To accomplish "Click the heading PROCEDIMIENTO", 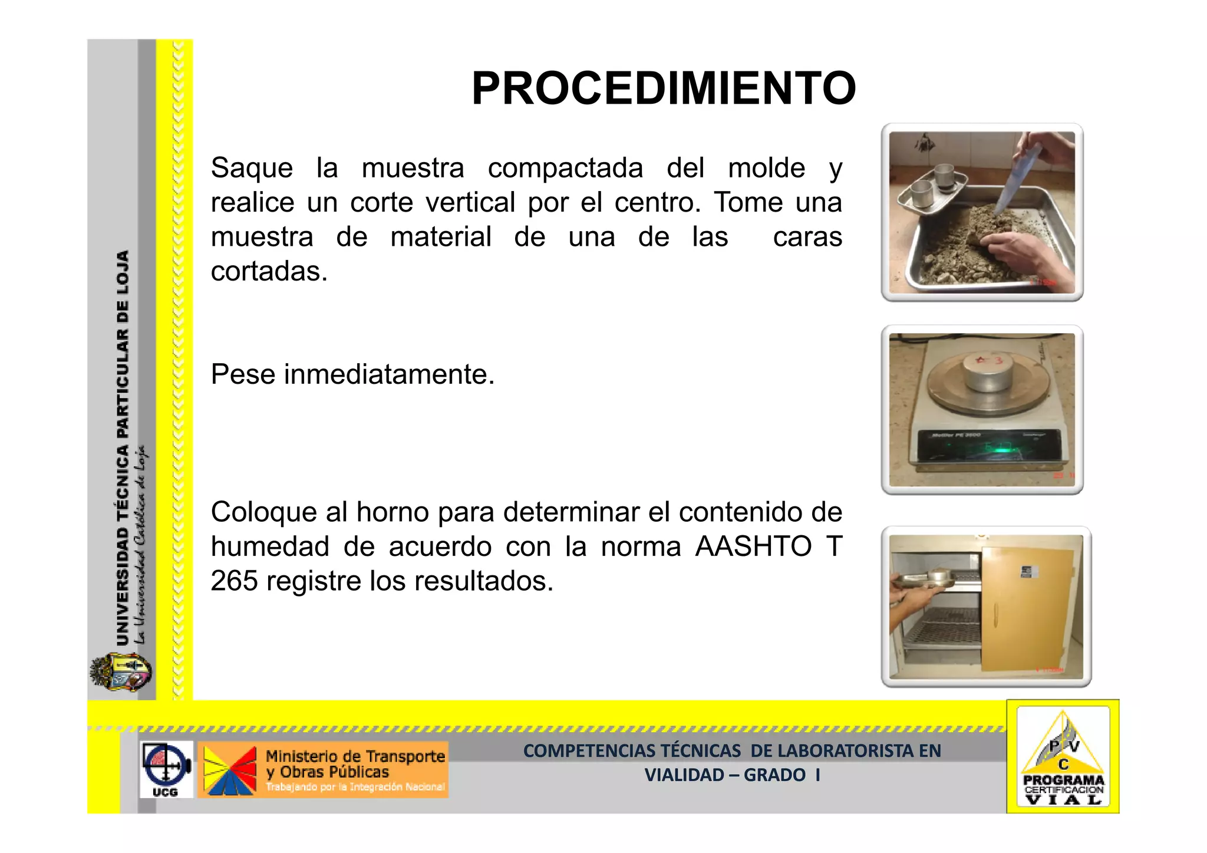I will click(663, 89).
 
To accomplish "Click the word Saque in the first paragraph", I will click(252, 168).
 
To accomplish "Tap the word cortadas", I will click(268, 272).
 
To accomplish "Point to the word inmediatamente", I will click(389, 374).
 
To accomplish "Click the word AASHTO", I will click(753, 546).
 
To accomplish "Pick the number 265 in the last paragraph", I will click(234, 581).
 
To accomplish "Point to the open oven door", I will click(1031, 607).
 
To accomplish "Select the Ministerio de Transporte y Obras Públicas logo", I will click(323, 770).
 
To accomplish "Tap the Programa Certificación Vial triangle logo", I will click(1063, 758).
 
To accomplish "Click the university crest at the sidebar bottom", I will click(121, 673).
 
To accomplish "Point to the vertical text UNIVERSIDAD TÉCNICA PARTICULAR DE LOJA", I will click(123, 448).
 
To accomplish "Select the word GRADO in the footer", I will click(774, 775).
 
